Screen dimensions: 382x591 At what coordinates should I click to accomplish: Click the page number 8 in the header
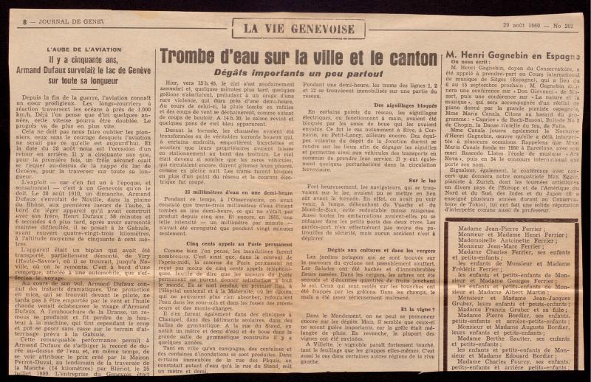[25, 22]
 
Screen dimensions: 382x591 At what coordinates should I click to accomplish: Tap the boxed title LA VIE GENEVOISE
[298, 28]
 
